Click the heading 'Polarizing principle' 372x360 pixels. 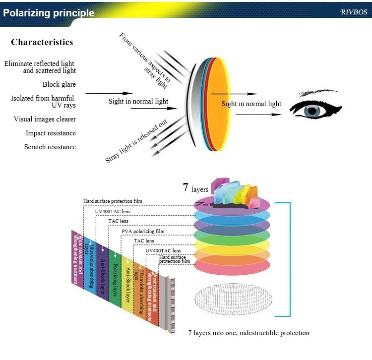pos(49,13)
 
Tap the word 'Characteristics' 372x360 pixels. pos(42,42)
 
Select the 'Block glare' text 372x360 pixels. pos(59,84)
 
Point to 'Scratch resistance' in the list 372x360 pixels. pos(50,147)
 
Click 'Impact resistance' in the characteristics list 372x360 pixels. pos(51,133)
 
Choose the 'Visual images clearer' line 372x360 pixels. pos(45,119)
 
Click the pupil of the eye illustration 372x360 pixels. pos(313,111)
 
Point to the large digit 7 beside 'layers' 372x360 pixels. pos(186,187)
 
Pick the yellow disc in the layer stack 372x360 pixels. pos(232,244)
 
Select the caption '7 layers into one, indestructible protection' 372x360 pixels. pos(248,333)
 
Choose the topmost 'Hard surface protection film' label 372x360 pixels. pos(113,201)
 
